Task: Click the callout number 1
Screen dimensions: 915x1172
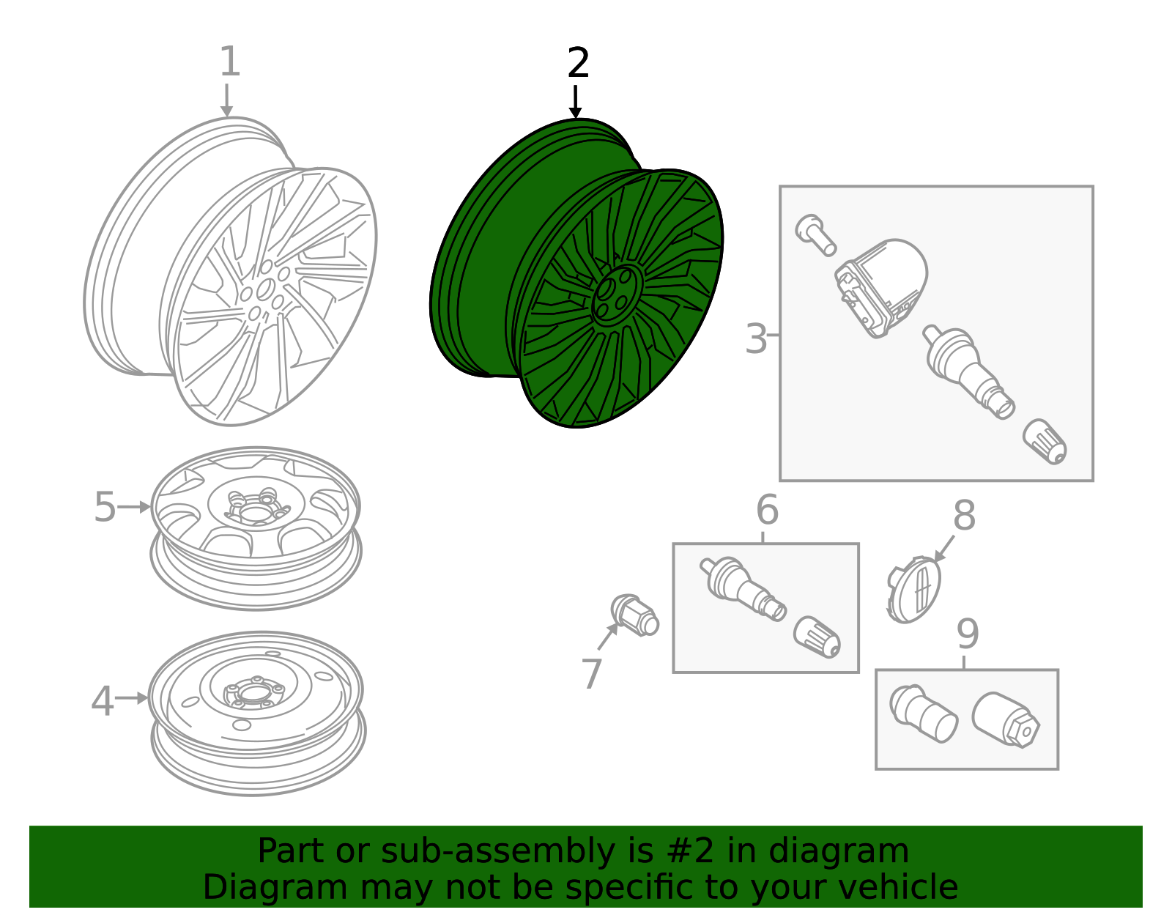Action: pos(230,62)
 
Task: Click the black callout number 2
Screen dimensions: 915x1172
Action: pos(578,64)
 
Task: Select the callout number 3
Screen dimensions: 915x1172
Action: pos(755,339)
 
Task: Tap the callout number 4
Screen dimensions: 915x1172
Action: pos(103,702)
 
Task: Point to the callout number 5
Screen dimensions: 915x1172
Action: pos(105,508)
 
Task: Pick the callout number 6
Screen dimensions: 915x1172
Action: pos(767,511)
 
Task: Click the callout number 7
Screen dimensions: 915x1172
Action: pos(591,674)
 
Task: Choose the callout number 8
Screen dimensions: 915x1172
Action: pos(964,516)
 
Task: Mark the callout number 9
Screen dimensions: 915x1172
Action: pos(967,635)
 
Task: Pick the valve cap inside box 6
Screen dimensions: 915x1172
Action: pos(817,636)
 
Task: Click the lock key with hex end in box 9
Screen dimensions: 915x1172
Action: pos(1006,720)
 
